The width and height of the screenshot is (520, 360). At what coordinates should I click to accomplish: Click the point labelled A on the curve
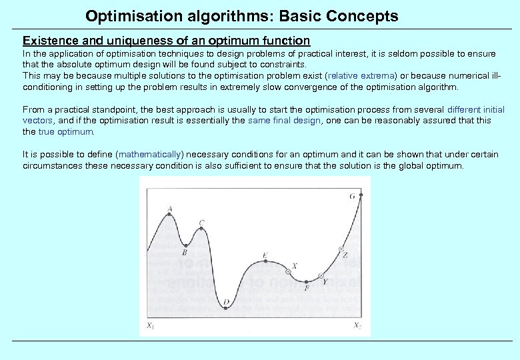[x=170, y=215]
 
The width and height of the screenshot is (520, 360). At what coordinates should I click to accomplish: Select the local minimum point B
[x=185, y=245]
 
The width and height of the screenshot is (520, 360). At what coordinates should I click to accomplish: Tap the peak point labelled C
[x=201, y=229]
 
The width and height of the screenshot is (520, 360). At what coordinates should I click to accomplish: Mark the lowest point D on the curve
[x=226, y=308]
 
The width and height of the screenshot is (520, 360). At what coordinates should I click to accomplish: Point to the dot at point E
[x=265, y=261]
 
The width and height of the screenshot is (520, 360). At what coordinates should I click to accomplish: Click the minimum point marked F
[x=307, y=281]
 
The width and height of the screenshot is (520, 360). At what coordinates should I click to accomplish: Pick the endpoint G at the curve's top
[x=361, y=195]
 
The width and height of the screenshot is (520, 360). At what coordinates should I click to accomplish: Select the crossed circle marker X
[x=289, y=272]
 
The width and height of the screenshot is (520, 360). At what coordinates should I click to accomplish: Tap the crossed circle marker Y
[x=321, y=276]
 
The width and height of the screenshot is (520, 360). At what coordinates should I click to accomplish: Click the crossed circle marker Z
[x=341, y=249]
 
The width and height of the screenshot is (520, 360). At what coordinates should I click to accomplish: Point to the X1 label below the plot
[x=151, y=326]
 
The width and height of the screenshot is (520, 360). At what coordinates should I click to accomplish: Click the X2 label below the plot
[x=357, y=326]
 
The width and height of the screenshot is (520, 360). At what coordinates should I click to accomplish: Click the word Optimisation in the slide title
[x=126, y=15]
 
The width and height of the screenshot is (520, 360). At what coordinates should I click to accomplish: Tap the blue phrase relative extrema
[x=361, y=76]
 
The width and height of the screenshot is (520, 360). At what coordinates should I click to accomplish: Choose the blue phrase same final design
[x=285, y=121]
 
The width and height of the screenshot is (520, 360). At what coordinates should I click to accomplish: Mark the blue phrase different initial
[x=476, y=109]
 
